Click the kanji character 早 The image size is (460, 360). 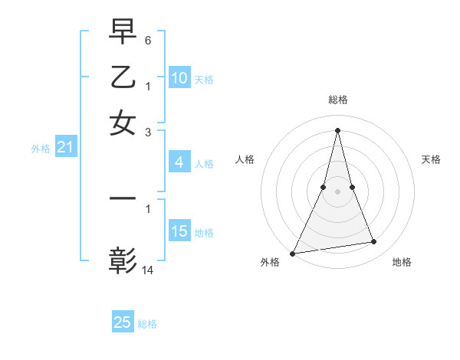[123, 33]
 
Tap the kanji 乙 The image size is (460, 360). [123, 77]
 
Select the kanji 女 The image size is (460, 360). [123, 123]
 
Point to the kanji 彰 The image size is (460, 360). [123, 260]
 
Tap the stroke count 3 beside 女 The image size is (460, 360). [148, 131]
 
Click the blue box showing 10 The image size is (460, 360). [179, 78]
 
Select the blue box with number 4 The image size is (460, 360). [179, 162]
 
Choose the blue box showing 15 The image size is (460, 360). [179, 231]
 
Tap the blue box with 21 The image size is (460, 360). [64, 148]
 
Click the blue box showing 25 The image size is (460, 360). [123, 322]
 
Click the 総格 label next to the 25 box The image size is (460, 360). [147, 324]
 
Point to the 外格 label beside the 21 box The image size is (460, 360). [41, 149]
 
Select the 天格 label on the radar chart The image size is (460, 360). [431, 159]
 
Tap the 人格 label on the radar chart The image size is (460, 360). [245, 159]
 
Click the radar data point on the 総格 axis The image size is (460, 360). [337, 129]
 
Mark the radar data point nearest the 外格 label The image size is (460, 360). [293, 254]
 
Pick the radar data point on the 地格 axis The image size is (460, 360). [374, 242]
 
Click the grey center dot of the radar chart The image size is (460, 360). [337, 191]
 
